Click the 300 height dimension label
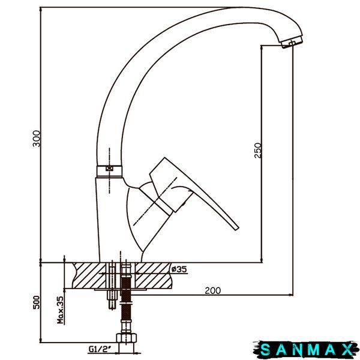36,139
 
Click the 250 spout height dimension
258,151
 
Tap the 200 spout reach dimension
212,290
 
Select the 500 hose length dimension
36,302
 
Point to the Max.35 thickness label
60,310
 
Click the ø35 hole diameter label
179,269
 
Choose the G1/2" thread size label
100,349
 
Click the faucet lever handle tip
236,227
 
